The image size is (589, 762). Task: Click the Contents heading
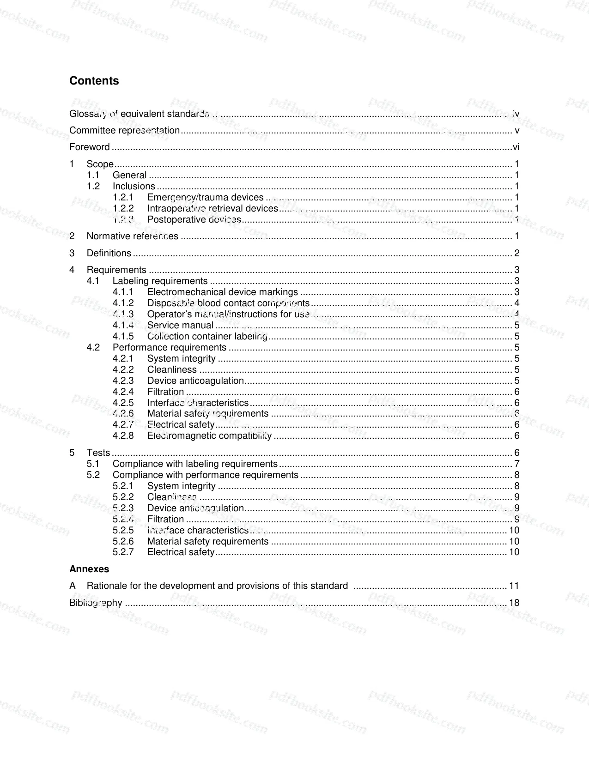pos(94,81)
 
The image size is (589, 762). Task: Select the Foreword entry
pos(90,147)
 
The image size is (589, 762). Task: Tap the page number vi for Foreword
pos(516,147)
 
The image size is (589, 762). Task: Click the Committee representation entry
pos(124,131)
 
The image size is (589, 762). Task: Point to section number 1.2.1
pos(123,198)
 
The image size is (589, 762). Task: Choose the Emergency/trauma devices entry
pos(205,198)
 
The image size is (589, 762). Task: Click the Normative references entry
pos(132,236)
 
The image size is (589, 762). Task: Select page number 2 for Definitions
pos(517,253)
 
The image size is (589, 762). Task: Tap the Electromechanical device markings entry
pos(222,292)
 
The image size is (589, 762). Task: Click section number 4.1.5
pos(123,336)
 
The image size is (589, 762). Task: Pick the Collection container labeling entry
pos(207,336)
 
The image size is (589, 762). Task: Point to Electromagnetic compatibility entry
pos(209,435)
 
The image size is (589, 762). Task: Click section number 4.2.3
pos(123,381)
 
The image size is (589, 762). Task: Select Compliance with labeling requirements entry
pos(195,464)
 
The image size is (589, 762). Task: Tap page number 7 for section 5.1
pos(517,464)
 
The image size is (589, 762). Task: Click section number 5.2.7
pos(123,552)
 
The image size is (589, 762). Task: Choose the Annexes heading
pos(89,569)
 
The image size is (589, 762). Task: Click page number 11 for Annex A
pos(514,586)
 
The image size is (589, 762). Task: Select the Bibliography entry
pos(96,603)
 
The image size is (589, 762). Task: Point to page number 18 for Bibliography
pos(514,603)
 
